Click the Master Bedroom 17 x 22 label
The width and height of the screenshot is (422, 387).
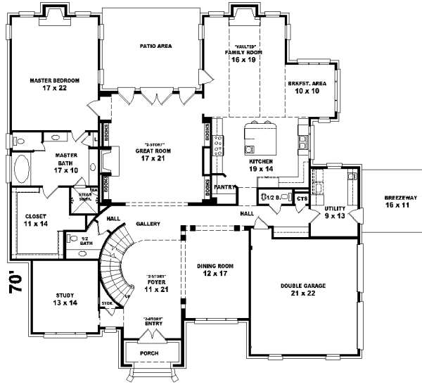point(54,85)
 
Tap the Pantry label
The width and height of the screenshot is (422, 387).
point(224,187)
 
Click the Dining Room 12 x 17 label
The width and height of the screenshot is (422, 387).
point(215,269)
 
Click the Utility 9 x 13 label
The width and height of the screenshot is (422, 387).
point(335,212)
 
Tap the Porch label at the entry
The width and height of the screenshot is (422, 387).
point(149,353)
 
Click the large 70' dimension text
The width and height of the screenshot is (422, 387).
point(20,281)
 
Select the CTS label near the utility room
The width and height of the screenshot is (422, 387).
point(302,199)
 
